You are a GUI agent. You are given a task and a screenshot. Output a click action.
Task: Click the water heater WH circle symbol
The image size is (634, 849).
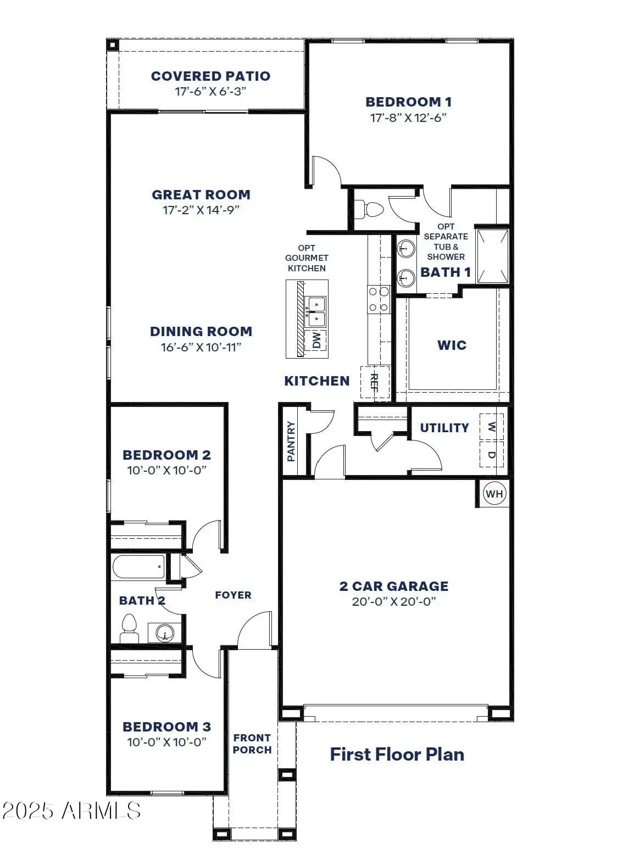click(494, 494)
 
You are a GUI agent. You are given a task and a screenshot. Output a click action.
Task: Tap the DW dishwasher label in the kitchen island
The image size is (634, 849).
click(316, 339)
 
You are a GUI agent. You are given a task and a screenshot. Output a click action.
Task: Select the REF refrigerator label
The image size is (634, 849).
click(374, 383)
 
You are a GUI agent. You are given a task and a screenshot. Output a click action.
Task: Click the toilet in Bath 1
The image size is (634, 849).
click(369, 210)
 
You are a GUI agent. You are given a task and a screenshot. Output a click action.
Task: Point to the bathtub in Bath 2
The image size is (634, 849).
click(138, 567)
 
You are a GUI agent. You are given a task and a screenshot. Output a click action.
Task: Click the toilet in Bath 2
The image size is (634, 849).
click(129, 629)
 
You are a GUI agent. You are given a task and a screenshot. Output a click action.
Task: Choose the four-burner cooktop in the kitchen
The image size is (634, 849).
click(379, 299)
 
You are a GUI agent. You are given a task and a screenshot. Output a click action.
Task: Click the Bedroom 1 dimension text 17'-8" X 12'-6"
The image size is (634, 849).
click(408, 118)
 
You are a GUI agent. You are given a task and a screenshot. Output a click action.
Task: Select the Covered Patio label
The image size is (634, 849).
click(210, 76)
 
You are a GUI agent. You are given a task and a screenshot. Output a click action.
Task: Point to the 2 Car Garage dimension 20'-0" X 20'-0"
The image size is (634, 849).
click(394, 601)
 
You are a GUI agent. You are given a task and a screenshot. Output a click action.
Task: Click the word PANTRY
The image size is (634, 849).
click(291, 442)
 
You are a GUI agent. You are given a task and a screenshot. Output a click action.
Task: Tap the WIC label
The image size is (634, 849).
click(452, 345)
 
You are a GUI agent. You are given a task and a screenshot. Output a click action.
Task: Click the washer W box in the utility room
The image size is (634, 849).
click(492, 427)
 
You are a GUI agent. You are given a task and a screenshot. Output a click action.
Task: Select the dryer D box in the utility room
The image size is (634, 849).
click(492, 454)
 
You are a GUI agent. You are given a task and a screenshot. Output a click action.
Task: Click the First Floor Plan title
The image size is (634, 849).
click(397, 754)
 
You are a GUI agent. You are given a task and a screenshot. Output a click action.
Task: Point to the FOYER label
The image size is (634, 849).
click(233, 595)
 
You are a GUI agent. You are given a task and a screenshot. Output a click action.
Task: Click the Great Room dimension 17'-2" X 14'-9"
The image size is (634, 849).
click(201, 210)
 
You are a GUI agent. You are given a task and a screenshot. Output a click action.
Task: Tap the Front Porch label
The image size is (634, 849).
click(252, 744)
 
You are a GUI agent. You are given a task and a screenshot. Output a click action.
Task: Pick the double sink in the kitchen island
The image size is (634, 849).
click(316, 312)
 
